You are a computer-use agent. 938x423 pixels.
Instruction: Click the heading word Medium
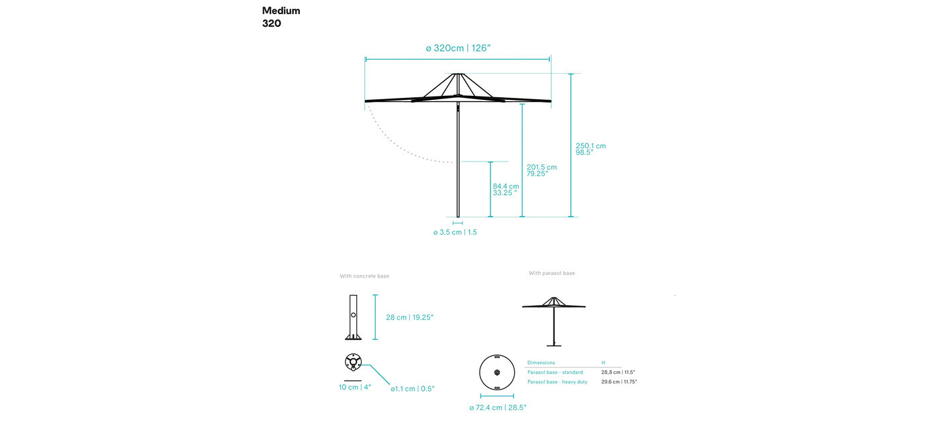[x=281, y=11]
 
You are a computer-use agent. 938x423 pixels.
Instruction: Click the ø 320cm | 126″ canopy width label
[x=458, y=48]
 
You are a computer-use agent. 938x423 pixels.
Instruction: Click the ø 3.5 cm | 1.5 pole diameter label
[x=455, y=232]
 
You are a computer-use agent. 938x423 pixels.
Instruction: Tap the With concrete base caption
[x=364, y=276]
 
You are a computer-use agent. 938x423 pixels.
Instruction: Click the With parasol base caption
[x=552, y=274]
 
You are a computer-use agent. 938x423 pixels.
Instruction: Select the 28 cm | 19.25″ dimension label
[x=409, y=318]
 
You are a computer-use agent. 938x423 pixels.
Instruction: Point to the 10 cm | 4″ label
[x=355, y=387]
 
